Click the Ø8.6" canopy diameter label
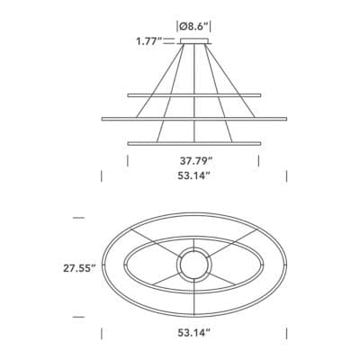[x=194, y=27]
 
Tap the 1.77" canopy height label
[x=149, y=41]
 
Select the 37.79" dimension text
[x=196, y=161]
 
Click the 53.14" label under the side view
[x=193, y=175]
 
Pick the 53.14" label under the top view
[x=193, y=332]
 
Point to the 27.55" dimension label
[x=79, y=268]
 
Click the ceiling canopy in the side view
[x=194, y=41]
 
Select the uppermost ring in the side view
[x=194, y=95]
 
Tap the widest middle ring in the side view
[x=194, y=119]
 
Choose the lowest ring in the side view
[x=194, y=144]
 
